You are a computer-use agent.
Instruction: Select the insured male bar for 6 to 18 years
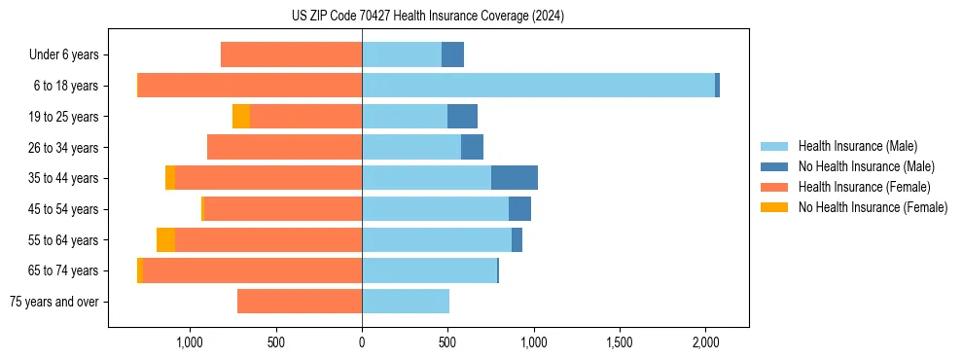[538, 86]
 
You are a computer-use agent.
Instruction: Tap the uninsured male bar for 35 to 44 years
[515, 178]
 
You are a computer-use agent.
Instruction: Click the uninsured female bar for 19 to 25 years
[241, 117]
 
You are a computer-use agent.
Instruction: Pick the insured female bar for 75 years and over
[300, 302]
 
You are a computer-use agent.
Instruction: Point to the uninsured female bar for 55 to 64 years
[165, 240]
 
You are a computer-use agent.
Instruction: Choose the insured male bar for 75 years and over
[406, 302]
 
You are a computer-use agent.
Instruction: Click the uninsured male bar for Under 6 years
[452, 54]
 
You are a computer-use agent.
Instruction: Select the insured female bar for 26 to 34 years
[284, 147]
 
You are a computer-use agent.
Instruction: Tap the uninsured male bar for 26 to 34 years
[472, 147]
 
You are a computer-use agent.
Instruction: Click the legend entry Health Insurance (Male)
[852, 146]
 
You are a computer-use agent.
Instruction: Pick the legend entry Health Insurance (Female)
[857, 187]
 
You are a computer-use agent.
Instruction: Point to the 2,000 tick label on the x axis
[705, 342]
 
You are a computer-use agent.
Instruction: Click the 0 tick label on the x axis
[362, 342]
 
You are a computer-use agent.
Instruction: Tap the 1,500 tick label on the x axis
[620, 342]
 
